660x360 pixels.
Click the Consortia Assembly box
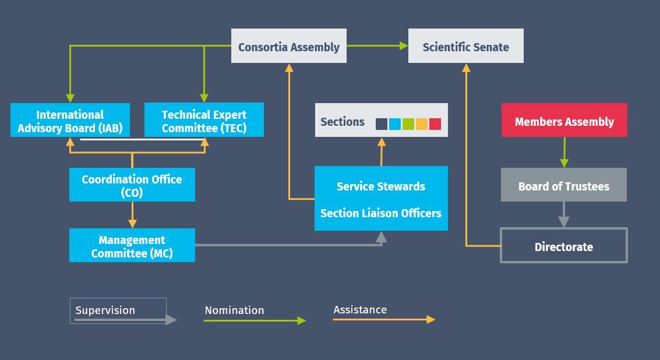pyautogui.click(x=289, y=46)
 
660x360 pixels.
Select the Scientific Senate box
pyautogui.click(x=466, y=46)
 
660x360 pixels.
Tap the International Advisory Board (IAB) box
pyautogui.click(x=70, y=120)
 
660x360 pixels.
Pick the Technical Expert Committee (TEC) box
pyautogui.click(x=204, y=119)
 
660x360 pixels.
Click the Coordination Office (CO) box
pyautogui.click(x=132, y=185)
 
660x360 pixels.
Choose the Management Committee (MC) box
pyautogui.click(x=132, y=245)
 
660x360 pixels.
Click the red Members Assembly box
pyautogui.click(x=564, y=120)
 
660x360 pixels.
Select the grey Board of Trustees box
pyautogui.click(x=564, y=185)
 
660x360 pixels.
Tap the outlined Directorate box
pyautogui.click(x=564, y=245)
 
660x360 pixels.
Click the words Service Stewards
pyautogui.click(x=381, y=186)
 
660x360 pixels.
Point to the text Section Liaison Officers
pyautogui.click(x=381, y=213)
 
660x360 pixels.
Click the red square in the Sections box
pyautogui.click(x=435, y=124)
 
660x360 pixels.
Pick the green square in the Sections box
pyautogui.click(x=408, y=124)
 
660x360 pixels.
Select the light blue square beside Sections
pyautogui.click(x=395, y=124)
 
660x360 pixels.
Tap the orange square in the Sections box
pyautogui.click(x=422, y=124)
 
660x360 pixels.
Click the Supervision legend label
pyautogui.click(x=105, y=310)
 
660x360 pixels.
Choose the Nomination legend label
pyautogui.click(x=234, y=310)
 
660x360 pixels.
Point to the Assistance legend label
pyautogui.click(x=360, y=310)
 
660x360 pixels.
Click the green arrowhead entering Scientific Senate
pyautogui.click(x=404, y=46)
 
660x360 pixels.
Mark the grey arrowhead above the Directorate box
pyautogui.click(x=564, y=222)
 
